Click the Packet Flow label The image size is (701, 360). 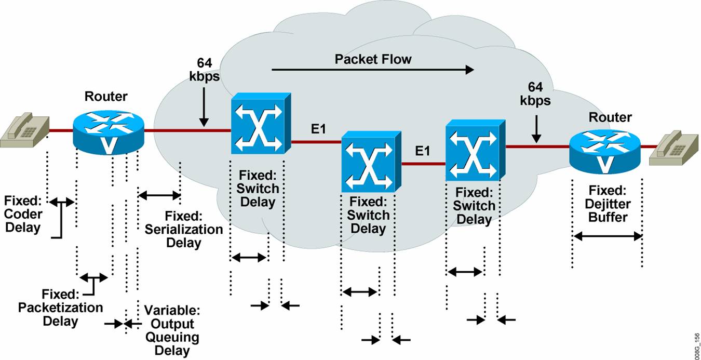372,59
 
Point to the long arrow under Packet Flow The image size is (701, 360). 372,70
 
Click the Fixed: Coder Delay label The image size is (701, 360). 23,214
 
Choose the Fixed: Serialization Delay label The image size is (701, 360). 184,229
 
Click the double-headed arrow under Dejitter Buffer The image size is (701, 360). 608,236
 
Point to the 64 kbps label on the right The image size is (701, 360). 535,93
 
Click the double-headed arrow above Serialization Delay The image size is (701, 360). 159,195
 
